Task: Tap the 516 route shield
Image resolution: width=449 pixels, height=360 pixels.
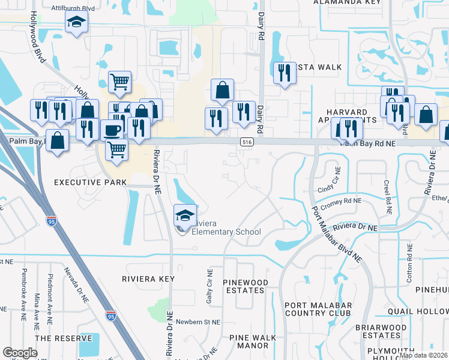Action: pyautogui.click(x=246, y=142)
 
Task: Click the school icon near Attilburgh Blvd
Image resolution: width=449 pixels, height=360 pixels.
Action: pyautogui.click(x=76, y=23)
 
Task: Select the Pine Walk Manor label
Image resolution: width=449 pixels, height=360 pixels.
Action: pyautogui.click(x=249, y=341)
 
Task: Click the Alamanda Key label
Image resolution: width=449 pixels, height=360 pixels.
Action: pyautogui.click(x=347, y=2)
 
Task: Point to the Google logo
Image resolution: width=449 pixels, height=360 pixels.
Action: pyautogui.click(x=20, y=353)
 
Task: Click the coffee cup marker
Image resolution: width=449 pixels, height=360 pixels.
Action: pyautogui.click(x=112, y=129)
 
